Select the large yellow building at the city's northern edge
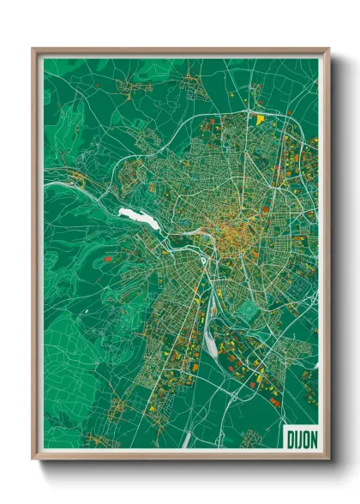[260, 119]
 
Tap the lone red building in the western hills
[106, 255]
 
